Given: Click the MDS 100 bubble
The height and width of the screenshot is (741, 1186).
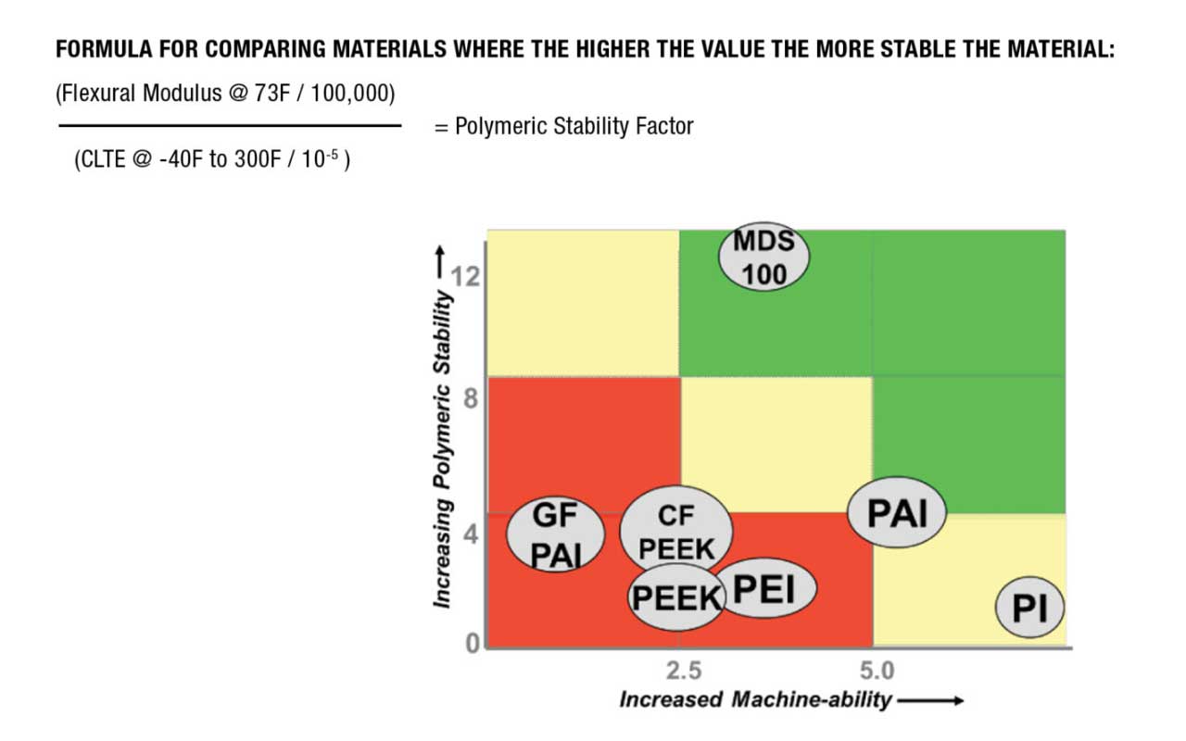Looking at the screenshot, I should pyautogui.click(x=763, y=257).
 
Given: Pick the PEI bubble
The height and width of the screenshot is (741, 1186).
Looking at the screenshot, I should pyautogui.click(x=764, y=590).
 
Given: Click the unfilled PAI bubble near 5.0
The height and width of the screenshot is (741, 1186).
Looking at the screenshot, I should pyautogui.click(x=897, y=513).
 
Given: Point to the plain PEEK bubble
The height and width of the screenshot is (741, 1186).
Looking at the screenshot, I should pyautogui.click(x=675, y=597).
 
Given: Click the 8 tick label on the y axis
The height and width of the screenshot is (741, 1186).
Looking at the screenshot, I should pyautogui.click(x=472, y=401).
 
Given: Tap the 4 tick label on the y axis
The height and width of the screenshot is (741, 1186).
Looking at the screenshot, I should pyautogui.click(x=472, y=535).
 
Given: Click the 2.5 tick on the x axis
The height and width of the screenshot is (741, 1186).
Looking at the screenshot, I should pyautogui.click(x=684, y=670).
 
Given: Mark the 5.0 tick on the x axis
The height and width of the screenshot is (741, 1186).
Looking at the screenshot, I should pyautogui.click(x=877, y=670).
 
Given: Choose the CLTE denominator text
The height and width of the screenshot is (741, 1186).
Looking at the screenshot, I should pyautogui.click(x=211, y=158).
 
